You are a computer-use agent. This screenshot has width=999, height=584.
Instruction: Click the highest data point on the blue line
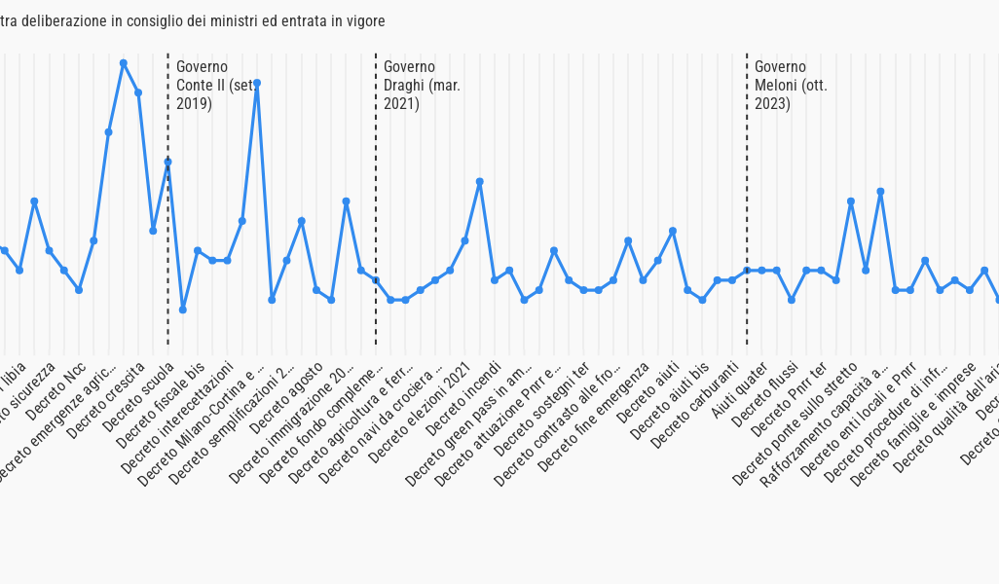click(124, 63)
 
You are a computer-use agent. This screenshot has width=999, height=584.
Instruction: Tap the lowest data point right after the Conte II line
click(183, 310)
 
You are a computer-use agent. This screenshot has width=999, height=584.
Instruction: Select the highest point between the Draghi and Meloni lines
click(480, 182)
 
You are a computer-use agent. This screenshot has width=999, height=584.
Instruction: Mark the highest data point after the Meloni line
click(880, 192)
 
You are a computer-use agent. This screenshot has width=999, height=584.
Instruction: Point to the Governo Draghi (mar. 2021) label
click(422, 85)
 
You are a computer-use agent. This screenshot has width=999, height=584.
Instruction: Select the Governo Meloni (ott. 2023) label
click(791, 85)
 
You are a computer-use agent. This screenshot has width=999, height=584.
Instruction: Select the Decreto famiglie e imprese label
click(913, 424)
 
